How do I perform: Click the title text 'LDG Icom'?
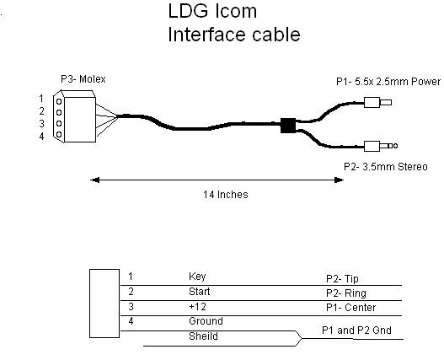coord(212,11)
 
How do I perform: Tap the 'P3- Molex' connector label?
coord(83,79)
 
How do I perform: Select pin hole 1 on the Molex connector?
coord(59,101)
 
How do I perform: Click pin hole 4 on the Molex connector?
coord(59,134)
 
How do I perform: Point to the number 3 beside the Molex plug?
coord(41,124)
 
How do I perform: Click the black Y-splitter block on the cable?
coord(288,126)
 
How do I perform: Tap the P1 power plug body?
coord(372,102)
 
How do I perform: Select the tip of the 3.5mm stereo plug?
coord(395,146)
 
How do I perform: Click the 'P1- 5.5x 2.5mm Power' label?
coord(388,82)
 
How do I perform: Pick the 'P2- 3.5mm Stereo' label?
coord(386,167)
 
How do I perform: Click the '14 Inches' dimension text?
coord(226,195)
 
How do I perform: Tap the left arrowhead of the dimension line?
coord(94,180)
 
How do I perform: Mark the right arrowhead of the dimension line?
coord(339,180)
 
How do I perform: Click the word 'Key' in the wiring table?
coord(197,277)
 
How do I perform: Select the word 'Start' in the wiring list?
coord(200,292)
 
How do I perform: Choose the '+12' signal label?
coord(198,307)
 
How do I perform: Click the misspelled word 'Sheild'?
coord(203,336)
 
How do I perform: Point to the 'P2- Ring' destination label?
coord(346,293)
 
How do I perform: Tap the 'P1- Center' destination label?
coord(350,308)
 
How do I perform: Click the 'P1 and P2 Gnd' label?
coord(356,330)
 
